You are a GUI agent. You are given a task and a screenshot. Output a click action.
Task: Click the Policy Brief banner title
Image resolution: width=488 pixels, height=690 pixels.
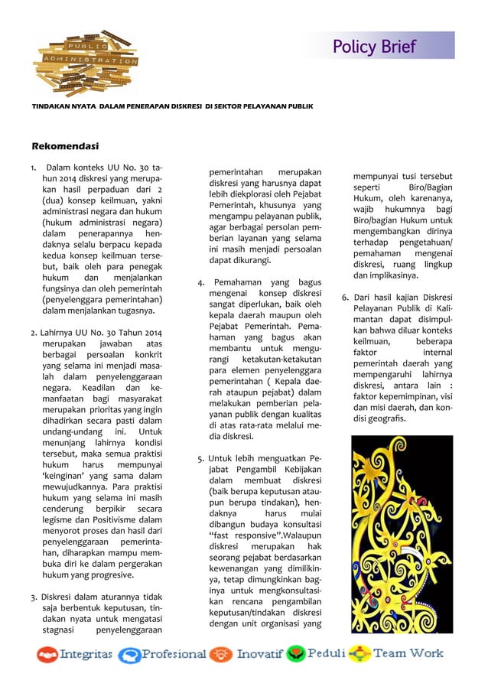(x=374, y=47)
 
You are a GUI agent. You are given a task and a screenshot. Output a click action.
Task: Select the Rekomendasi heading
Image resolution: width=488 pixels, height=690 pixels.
(x=65, y=145)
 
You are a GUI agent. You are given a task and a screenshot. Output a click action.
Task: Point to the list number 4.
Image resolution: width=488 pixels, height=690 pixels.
(x=200, y=283)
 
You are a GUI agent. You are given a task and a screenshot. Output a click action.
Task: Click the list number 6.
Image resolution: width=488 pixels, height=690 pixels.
(x=345, y=297)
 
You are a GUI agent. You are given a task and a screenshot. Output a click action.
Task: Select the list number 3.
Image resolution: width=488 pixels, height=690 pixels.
(x=34, y=597)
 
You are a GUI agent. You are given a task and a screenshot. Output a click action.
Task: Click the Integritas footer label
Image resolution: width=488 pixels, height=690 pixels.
(x=86, y=655)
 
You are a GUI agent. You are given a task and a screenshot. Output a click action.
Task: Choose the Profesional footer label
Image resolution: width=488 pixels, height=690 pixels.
(x=173, y=655)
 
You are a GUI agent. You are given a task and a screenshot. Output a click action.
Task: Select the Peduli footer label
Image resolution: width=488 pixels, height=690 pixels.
(x=327, y=654)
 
